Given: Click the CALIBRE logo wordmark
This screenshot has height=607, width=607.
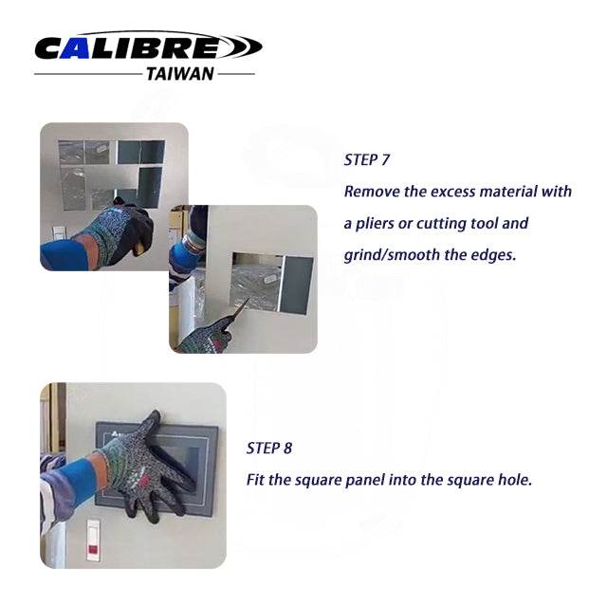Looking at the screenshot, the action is [148, 46].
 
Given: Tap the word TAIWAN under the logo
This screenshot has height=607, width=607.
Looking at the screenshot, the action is [180, 74].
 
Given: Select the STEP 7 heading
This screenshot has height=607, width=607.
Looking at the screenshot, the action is [367, 160].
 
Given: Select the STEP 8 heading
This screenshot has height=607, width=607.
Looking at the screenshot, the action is [269, 449].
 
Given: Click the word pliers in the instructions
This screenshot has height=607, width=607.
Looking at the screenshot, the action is [376, 224].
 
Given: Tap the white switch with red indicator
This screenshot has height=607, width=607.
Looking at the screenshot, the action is [93, 541].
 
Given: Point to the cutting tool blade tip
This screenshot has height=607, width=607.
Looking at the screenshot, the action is [248, 299].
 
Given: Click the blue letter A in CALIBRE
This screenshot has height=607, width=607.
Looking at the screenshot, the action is [76, 48].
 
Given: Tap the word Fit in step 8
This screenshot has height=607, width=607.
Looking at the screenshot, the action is [255, 480].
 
